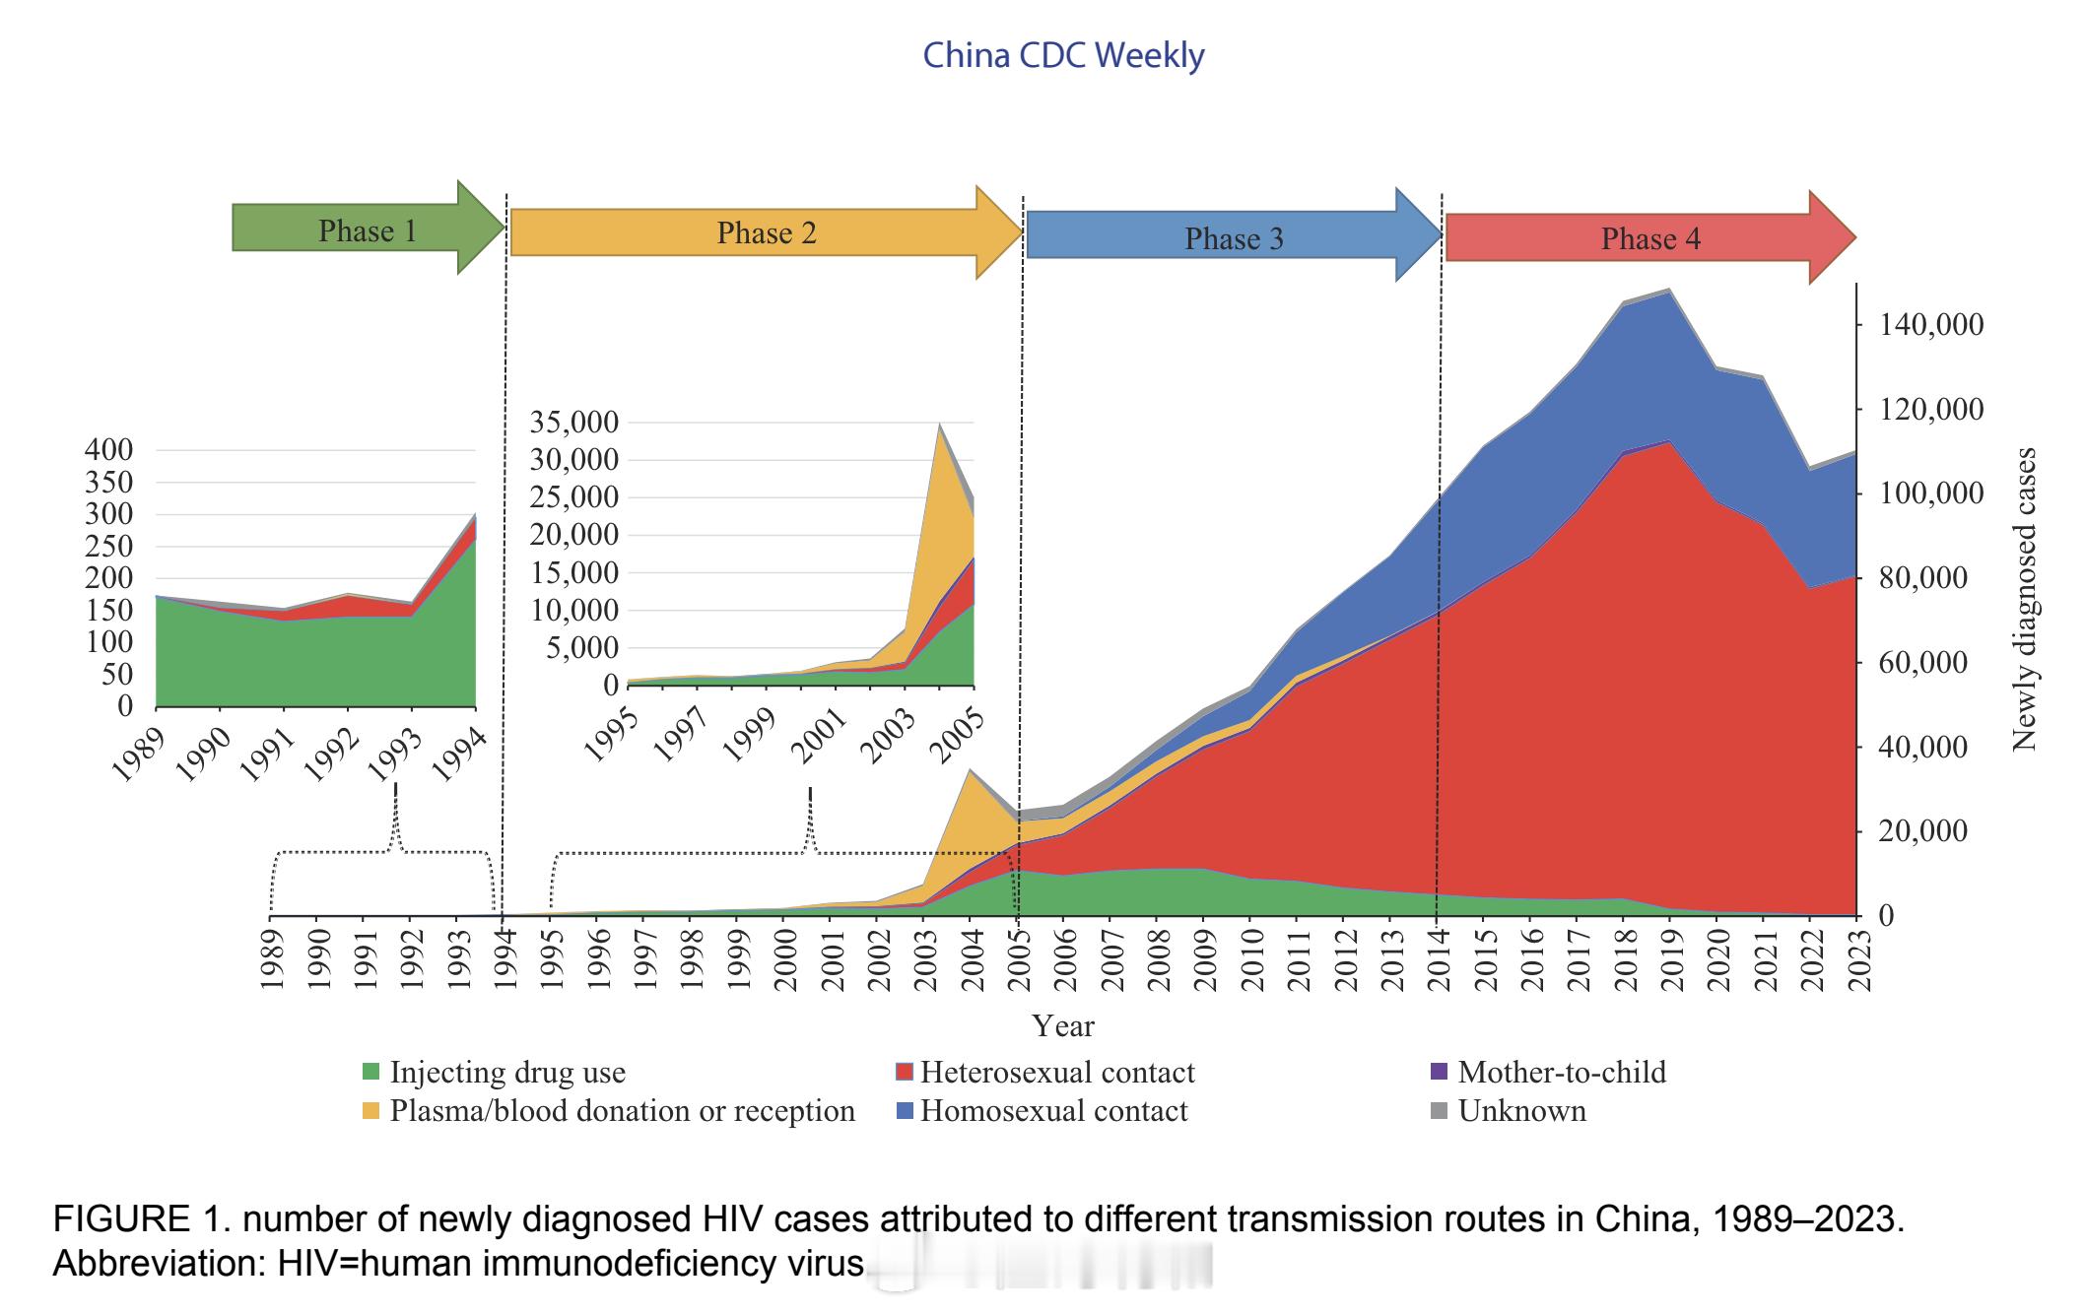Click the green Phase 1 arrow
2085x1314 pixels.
(x=367, y=230)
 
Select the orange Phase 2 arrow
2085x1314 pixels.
(x=766, y=233)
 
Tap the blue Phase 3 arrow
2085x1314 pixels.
(x=1233, y=239)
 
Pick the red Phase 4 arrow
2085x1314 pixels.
(x=1649, y=239)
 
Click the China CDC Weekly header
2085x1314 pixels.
(x=1063, y=55)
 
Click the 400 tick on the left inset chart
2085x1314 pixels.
(x=108, y=450)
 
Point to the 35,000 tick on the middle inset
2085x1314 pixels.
(x=574, y=423)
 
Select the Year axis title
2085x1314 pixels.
(x=1063, y=1026)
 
